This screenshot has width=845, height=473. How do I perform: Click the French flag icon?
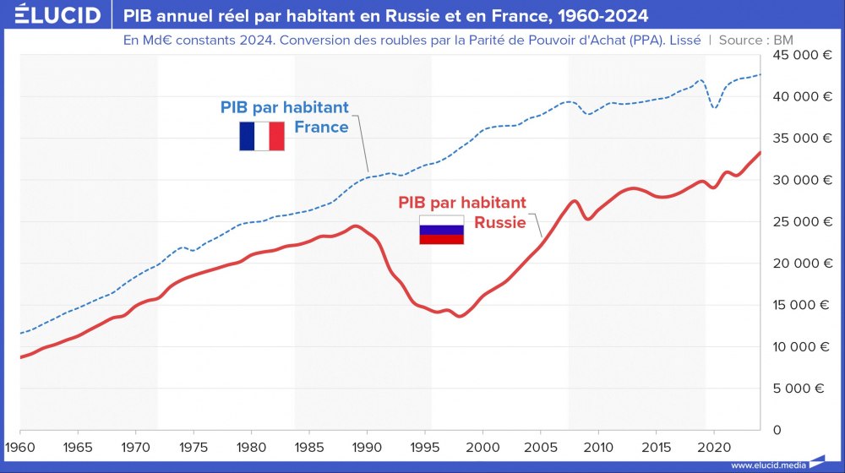coord(262,136)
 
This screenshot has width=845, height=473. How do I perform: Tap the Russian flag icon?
coord(442,230)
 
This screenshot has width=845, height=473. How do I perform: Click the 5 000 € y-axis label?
coord(801,389)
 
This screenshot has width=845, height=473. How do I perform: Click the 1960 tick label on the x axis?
coord(19,446)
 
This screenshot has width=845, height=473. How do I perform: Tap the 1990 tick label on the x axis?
coord(367,446)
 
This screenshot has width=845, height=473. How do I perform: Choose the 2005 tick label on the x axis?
coord(540,446)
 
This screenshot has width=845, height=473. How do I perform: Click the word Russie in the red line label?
coord(499,223)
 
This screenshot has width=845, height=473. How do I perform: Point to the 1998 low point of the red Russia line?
coord(460,316)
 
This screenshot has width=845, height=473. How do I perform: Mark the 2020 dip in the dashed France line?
coord(715,108)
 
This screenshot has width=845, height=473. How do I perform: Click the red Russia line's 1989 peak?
coord(356,226)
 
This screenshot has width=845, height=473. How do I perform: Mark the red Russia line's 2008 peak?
coord(575,201)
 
